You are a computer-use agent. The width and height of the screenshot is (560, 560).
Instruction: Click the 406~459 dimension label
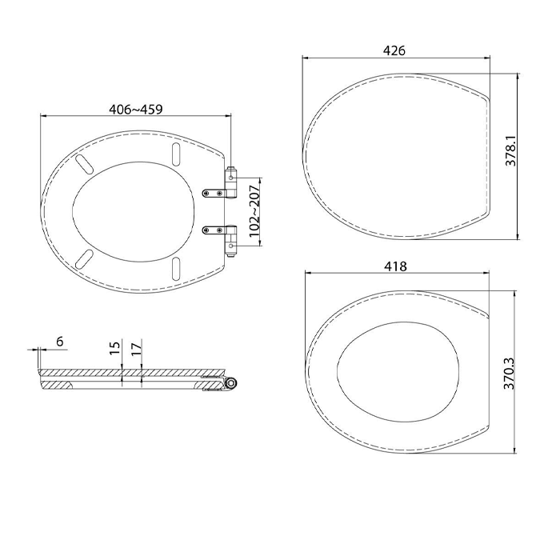(136, 110)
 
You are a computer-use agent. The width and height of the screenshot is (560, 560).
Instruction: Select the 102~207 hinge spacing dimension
(255, 210)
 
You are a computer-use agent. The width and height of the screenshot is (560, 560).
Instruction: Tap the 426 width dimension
(394, 50)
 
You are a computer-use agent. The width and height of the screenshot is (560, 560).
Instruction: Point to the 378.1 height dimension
(511, 150)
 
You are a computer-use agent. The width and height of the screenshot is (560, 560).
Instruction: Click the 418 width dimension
(396, 266)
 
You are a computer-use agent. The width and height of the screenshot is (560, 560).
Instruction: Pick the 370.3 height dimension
(509, 374)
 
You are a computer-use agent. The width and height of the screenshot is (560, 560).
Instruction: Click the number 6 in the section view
(60, 342)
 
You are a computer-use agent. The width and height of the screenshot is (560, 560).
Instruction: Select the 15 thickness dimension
(114, 348)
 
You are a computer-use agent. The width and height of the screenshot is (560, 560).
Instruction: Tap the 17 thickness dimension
(136, 349)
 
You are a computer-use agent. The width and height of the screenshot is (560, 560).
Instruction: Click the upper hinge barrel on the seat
(230, 182)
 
